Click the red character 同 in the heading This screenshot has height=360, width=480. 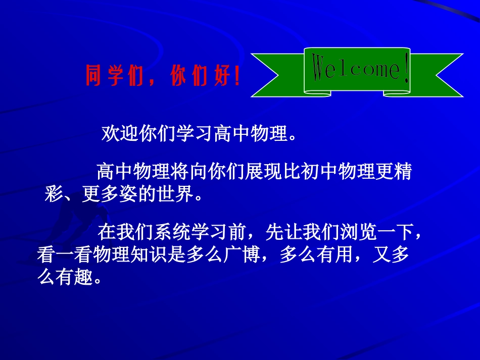[93, 75]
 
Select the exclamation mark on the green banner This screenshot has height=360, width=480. [406, 67]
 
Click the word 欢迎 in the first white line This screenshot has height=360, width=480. [120, 133]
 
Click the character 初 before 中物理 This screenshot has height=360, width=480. [310, 171]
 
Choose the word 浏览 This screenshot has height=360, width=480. [358, 232]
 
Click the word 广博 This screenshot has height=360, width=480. [242, 254]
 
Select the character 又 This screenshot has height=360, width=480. [381, 254]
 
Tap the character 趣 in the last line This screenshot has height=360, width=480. [83, 277]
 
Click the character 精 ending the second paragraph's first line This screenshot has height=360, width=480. [403, 171]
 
